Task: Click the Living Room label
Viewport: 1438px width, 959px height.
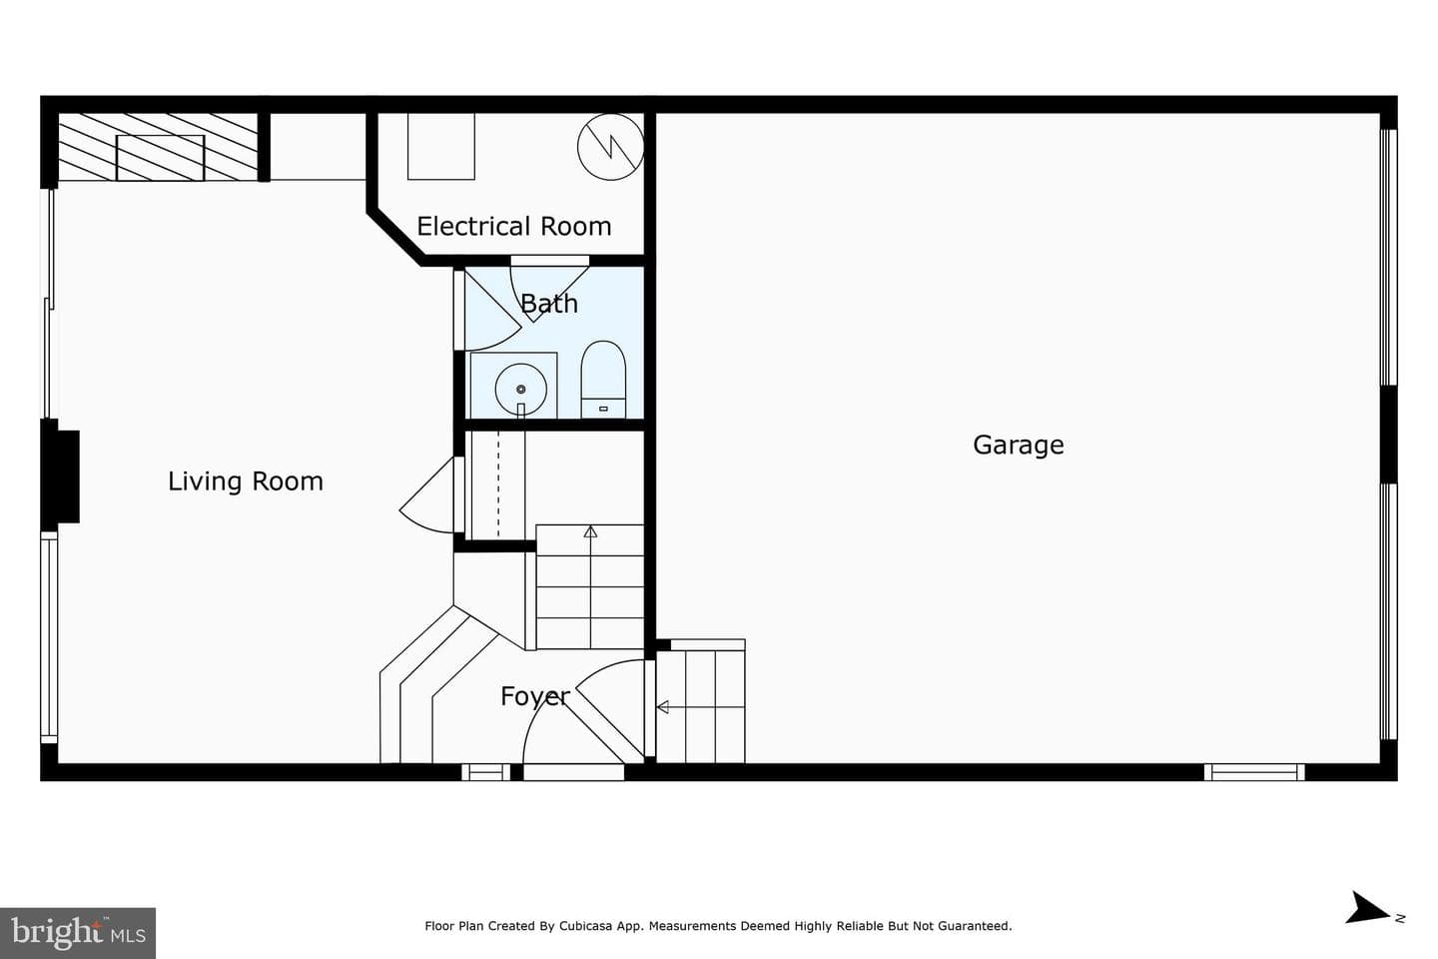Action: point(246,481)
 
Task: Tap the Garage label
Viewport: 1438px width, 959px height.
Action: point(1019,446)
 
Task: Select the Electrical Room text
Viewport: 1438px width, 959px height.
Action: point(513,226)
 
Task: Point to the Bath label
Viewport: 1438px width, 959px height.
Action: point(549,303)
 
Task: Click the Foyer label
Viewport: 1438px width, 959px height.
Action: point(535,696)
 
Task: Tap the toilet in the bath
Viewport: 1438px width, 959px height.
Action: point(603,380)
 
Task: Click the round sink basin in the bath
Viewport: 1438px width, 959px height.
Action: point(520,389)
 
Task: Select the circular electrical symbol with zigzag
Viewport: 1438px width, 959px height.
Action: point(610,147)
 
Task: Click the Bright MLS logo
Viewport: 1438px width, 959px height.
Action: point(78,933)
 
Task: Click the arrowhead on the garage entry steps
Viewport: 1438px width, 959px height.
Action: point(662,707)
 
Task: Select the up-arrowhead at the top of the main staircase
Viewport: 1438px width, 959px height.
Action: point(590,531)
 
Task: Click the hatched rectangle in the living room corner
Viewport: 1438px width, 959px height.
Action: point(160,158)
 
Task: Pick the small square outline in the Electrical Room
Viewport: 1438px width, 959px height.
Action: point(441,147)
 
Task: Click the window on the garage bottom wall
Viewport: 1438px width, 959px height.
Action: point(1254,772)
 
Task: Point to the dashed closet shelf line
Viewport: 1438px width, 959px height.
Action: point(498,484)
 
